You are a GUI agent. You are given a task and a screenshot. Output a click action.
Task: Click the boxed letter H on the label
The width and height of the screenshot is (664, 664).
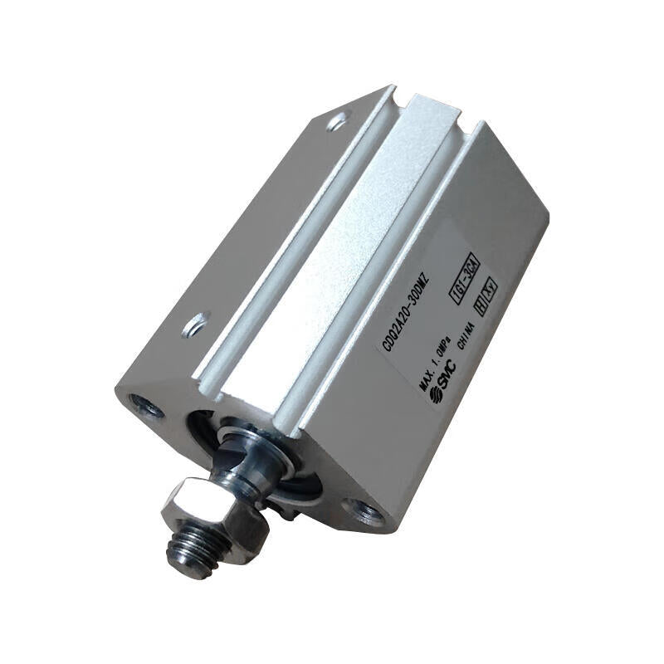click(480, 305)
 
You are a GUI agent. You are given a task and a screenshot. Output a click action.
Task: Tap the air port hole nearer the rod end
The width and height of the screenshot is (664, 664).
click(196, 324)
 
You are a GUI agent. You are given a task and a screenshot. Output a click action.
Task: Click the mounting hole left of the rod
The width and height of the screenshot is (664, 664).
click(146, 406)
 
